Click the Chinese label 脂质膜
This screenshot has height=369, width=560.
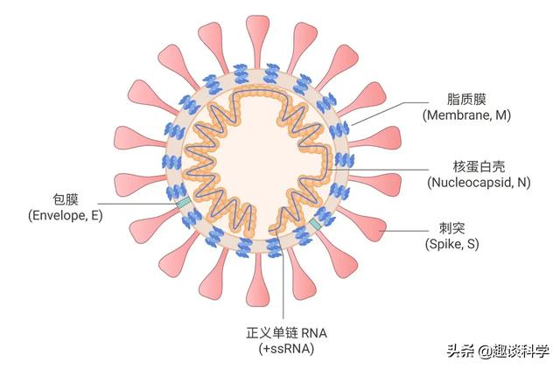[466, 99]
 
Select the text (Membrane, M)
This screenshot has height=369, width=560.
[466, 115]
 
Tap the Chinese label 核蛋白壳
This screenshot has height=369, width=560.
[479, 167]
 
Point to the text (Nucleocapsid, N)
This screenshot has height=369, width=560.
[479, 183]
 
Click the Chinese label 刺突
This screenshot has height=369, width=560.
[451, 227]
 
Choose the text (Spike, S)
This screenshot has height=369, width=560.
[451, 244]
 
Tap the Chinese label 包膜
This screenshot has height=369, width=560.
[66, 199]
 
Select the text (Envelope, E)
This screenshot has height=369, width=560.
[66, 215]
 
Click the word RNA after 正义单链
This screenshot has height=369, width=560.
[314, 333]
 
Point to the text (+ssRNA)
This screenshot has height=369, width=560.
[286, 349]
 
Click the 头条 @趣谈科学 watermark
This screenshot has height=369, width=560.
[498, 352]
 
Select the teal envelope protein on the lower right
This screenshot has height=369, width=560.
[316, 224]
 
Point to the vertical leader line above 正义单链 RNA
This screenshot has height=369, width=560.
[283, 271]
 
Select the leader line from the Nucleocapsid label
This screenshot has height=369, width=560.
[379, 170]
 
